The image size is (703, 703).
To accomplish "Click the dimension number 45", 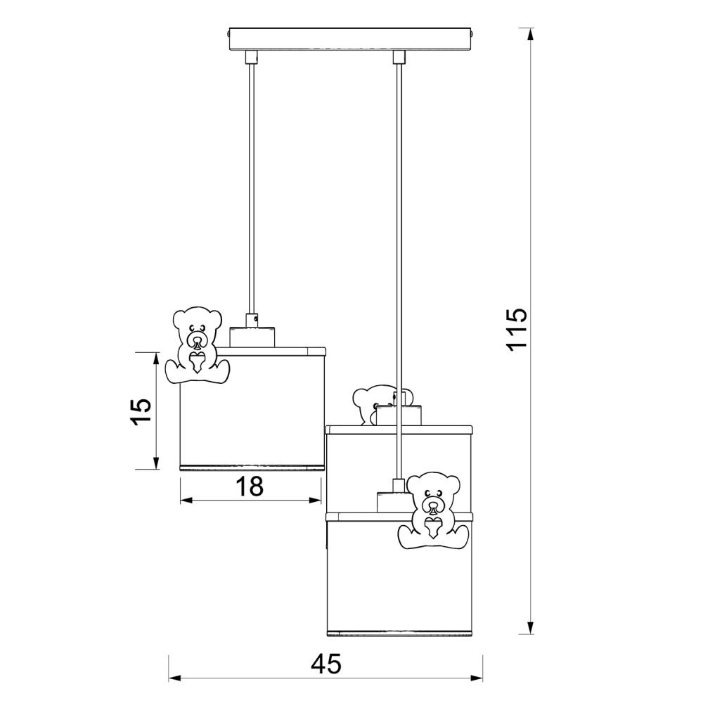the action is [326, 664].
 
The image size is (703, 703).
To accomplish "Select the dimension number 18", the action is [250, 486].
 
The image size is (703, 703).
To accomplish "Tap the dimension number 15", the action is [140, 411].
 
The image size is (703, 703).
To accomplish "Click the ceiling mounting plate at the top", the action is [351, 39].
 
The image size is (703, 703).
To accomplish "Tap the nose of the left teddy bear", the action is [198, 344].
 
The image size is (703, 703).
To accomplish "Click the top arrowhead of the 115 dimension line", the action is [530, 34].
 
